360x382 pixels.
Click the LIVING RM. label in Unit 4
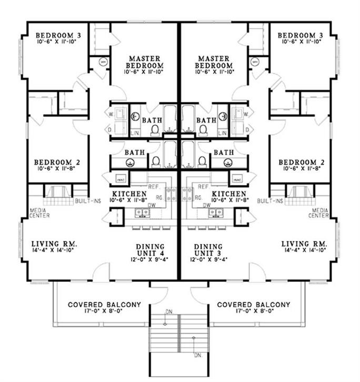click(55, 244)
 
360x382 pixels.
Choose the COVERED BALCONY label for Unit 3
click(254, 305)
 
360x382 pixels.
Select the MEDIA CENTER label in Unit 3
click(318, 212)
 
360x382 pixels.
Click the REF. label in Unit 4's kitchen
click(153, 187)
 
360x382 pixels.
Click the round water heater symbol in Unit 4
click(102, 61)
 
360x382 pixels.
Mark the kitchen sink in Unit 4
click(142, 213)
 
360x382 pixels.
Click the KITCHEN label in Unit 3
click(232, 193)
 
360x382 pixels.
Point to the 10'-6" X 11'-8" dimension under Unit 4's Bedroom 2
click(55, 170)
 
